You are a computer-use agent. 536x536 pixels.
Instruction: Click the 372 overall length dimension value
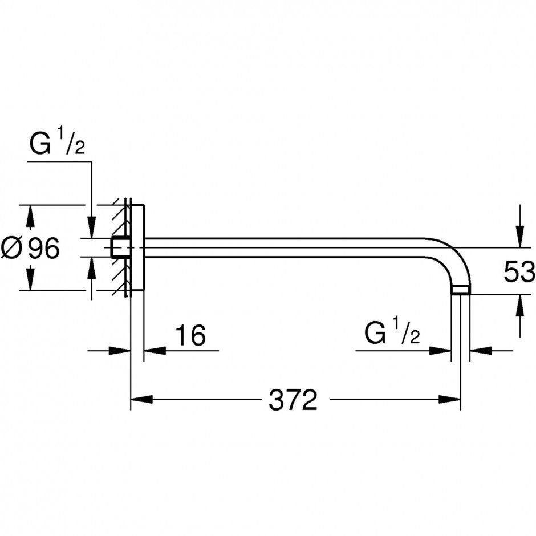pos(293,400)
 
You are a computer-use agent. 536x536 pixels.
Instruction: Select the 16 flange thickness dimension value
pos(190,335)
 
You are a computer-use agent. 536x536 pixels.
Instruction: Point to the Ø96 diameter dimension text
pos(30,248)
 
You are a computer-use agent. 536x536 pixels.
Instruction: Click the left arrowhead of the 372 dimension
pos(141,399)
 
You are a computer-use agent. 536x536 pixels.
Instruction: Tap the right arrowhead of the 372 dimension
pos(450,399)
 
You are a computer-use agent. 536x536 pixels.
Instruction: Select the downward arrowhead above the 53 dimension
pos(520,236)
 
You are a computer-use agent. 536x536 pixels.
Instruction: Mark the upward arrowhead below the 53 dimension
pos(520,305)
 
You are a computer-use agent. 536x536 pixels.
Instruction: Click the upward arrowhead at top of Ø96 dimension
pos(30,216)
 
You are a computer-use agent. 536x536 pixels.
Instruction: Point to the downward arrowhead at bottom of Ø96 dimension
pos(30,279)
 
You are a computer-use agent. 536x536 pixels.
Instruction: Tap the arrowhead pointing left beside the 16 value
pos(155,350)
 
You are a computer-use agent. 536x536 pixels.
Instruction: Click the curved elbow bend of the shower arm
pos(458,254)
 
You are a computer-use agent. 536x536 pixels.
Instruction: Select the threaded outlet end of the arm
pos(461,290)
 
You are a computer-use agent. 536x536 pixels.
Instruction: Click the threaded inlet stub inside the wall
pos(120,247)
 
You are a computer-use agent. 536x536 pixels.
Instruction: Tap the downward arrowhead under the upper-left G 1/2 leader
pos(91,226)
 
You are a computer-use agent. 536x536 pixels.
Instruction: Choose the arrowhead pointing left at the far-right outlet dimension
pos(481,350)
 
